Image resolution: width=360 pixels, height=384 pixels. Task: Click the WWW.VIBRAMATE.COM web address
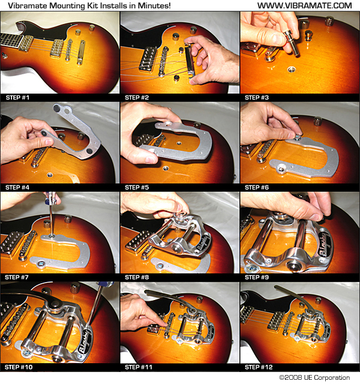pos(305,5)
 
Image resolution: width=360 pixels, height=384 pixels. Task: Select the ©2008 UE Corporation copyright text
pos(314,377)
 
